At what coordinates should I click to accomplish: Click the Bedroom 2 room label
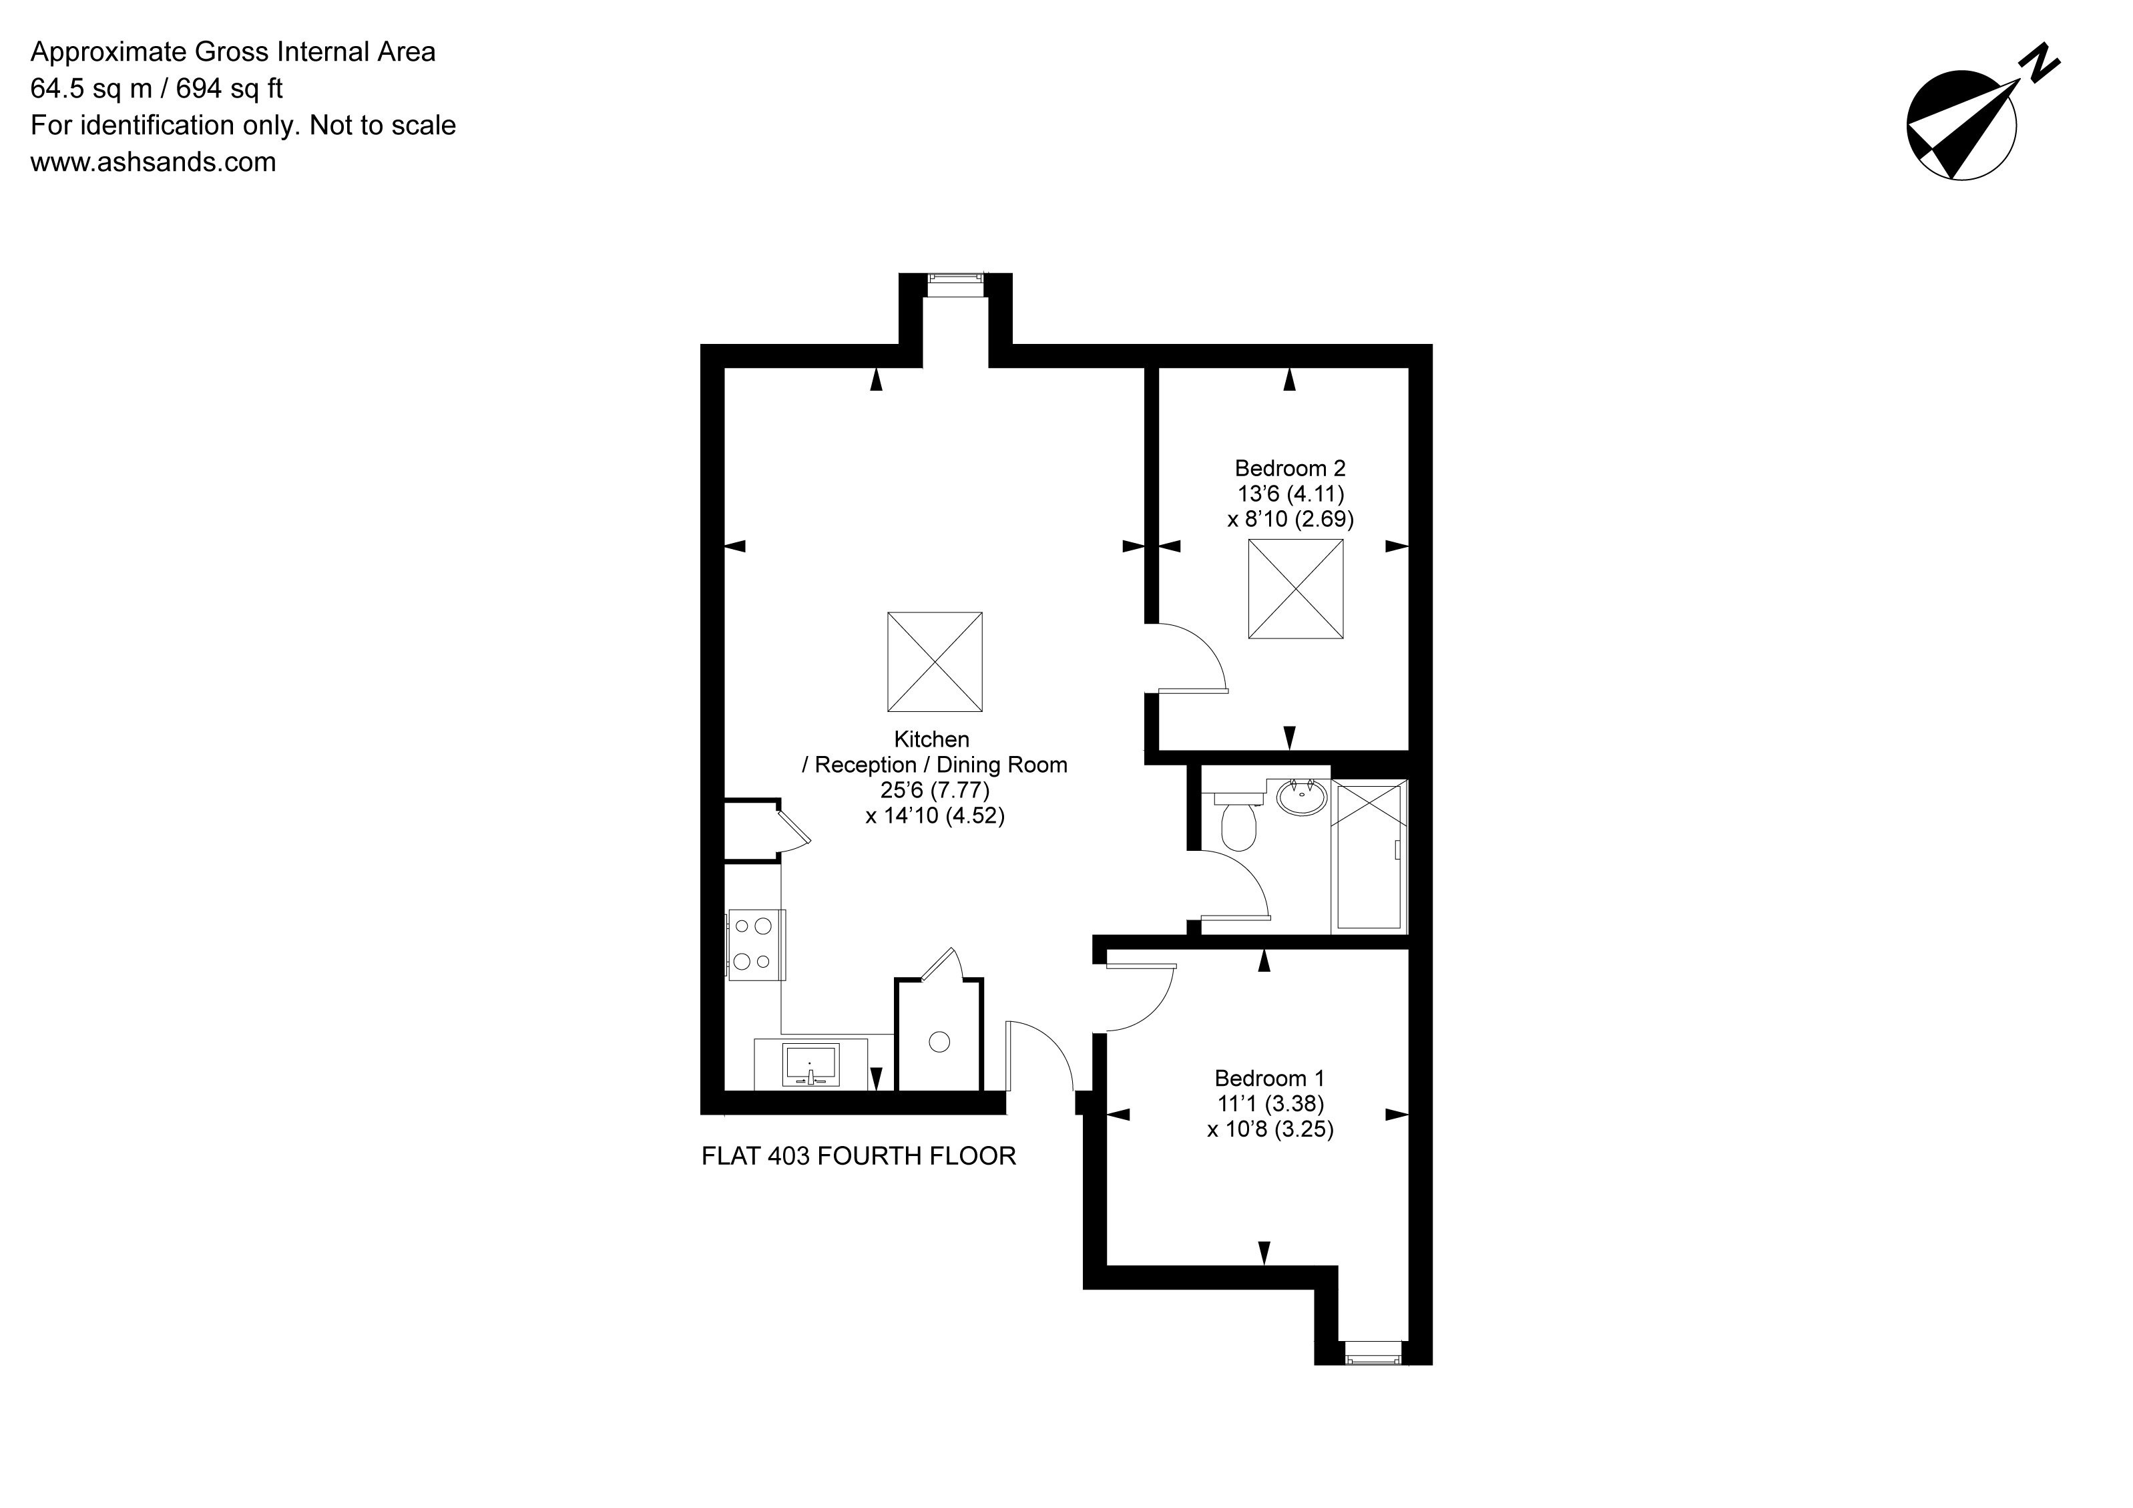[1289, 468]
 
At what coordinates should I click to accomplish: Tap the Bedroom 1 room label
[1269, 1078]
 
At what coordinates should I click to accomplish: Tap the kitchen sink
[811, 1063]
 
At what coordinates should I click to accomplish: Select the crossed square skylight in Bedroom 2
[1295, 588]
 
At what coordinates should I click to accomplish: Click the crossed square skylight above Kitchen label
[935, 662]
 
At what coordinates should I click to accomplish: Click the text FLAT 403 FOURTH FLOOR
[859, 1156]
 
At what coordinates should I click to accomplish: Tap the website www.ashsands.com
[154, 162]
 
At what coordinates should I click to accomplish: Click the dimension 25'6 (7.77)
[935, 790]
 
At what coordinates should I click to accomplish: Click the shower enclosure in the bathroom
[1369, 856]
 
